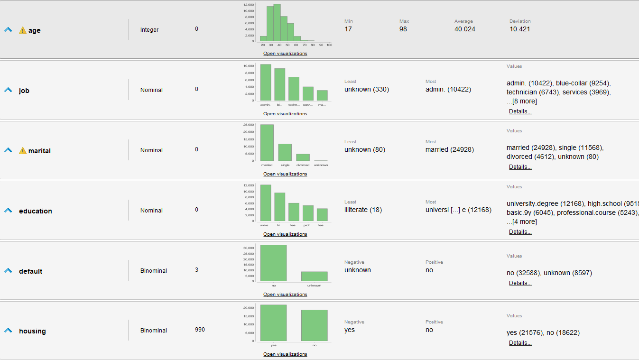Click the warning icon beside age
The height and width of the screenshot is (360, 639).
pos(23,30)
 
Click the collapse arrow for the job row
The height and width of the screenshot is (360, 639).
pos(8,90)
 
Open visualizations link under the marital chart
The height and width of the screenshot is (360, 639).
pos(285,174)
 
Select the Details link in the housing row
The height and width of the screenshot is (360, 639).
pos(520,343)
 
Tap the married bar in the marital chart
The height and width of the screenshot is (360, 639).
pos(267,143)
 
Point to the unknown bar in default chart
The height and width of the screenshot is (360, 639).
pos(314,276)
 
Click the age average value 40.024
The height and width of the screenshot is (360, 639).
pos(464,29)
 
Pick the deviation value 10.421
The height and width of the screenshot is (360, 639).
pos(519,29)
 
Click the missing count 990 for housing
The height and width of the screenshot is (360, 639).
pos(200,330)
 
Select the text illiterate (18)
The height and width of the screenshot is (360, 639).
pos(363,210)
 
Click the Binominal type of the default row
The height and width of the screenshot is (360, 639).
pos(153,271)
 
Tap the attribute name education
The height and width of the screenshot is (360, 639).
pos(36,211)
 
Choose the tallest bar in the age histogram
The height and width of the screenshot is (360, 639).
pos(277,23)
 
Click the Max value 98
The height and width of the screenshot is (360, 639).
pos(403,29)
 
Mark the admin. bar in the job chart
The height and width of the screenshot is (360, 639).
pos(266,83)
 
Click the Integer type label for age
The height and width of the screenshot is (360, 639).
pos(149,30)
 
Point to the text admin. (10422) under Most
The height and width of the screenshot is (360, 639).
pos(448,89)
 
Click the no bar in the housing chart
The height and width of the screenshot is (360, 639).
pos(314,325)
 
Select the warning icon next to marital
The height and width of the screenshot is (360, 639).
pos(23,151)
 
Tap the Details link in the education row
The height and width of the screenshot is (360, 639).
pos(520,232)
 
